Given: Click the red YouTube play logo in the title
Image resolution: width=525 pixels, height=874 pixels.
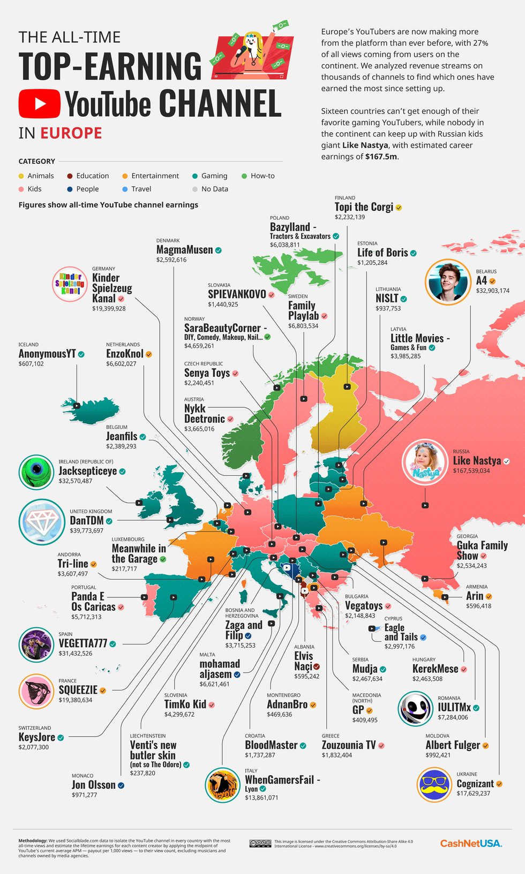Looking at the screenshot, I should coord(39,103).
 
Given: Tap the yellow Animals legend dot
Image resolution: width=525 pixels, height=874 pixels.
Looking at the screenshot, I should coord(21,176).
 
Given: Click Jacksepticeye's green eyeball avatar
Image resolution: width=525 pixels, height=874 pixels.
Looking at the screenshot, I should coord(36,472).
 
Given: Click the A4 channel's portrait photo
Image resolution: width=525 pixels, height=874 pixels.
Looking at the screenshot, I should coord(447,282).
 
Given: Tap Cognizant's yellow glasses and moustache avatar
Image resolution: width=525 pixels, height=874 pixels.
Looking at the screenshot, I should coord(434,785).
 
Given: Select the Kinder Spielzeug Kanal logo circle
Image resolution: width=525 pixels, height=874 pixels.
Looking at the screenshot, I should coord(70,284).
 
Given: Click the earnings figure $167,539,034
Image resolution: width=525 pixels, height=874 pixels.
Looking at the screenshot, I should coord(471,471).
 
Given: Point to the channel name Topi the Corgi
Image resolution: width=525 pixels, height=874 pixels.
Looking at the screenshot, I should coord(364,207).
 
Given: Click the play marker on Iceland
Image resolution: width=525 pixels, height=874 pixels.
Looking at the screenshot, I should coord(77,406).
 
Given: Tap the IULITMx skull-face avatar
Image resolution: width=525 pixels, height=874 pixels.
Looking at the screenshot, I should coord(415,709).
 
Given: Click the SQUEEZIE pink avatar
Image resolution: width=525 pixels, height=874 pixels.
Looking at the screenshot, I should coord(36,691).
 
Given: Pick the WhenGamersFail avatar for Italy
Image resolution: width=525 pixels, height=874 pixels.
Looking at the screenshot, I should coord(223,785).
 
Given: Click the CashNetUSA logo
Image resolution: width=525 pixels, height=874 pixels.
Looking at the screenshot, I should coord(471,843).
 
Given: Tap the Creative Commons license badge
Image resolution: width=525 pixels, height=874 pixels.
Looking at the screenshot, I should coord(260,843).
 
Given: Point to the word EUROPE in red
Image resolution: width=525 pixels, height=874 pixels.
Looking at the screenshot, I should coord(71,133).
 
